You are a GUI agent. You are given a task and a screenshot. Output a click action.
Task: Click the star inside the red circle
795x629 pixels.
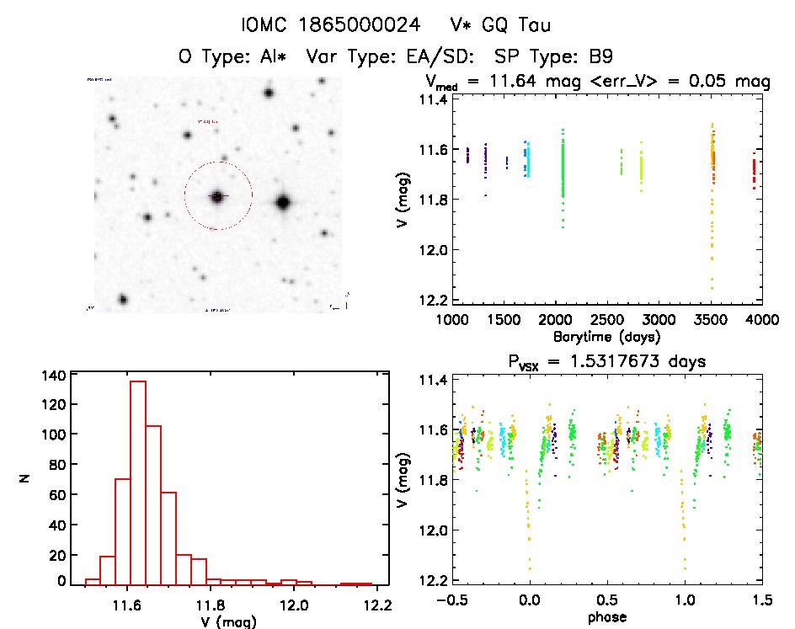pos(217,196)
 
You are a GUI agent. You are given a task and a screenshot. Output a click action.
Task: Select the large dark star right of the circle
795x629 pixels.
pos(282,202)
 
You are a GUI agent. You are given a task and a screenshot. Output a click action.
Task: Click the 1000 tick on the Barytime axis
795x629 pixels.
pos(451,321)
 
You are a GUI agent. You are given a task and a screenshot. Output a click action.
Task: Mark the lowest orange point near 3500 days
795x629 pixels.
pos(712,288)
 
